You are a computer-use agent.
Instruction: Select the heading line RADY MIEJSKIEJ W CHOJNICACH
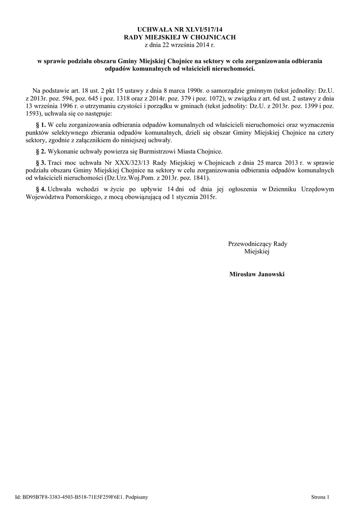(180, 37)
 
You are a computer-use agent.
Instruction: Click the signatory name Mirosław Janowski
(257, 274)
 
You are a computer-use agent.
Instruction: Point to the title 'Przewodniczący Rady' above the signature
(257, 244)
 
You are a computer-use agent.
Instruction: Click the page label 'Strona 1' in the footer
(320, 497)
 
